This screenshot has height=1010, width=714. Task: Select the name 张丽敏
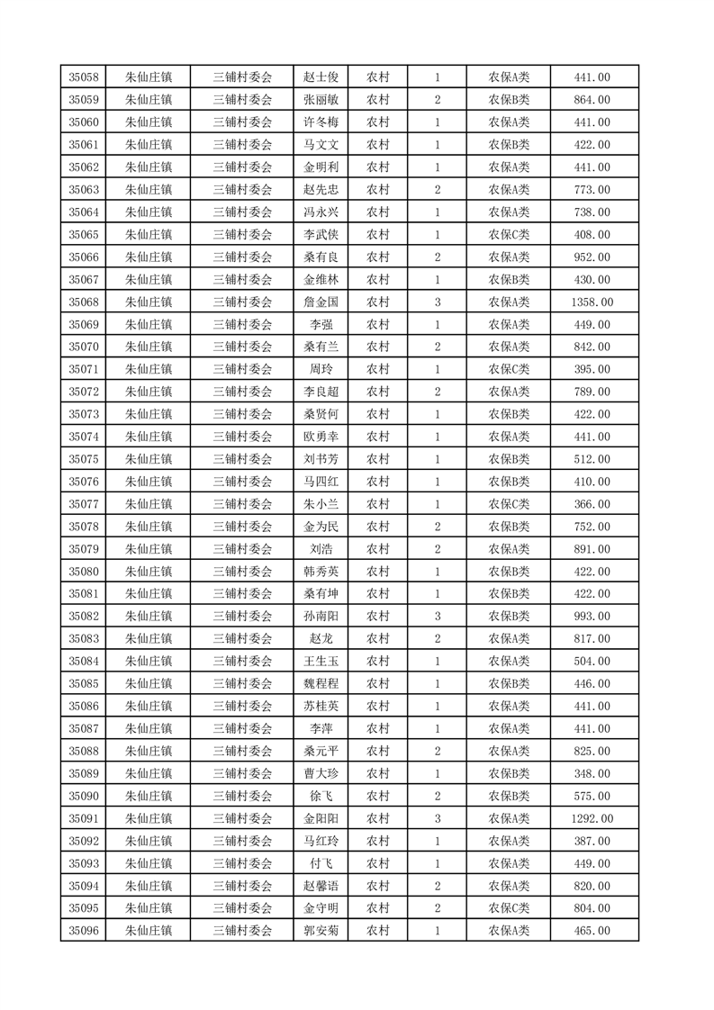coord(321,100)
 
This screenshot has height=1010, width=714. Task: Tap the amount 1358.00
coord(592,302)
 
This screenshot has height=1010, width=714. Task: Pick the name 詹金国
coord(321,302)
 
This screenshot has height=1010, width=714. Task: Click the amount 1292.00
coord(592,818)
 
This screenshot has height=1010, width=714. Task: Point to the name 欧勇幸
coord(321,437)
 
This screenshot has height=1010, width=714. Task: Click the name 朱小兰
coord(321,504)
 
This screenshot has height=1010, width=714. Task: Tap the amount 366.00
coord(592,504)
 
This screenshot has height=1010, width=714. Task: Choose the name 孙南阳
coord(321,617)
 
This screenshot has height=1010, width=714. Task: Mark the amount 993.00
coord(592,617)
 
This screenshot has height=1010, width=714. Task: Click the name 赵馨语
coord(321,886)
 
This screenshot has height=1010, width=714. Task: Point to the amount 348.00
coord(592,773)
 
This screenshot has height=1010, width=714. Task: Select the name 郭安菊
coord(321,931)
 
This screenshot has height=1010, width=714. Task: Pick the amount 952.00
coord(592,257)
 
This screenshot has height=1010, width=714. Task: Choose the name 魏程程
coord(321,683)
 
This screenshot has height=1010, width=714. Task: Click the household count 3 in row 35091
coord(437,818)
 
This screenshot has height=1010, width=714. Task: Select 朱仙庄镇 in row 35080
coord(149,572)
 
